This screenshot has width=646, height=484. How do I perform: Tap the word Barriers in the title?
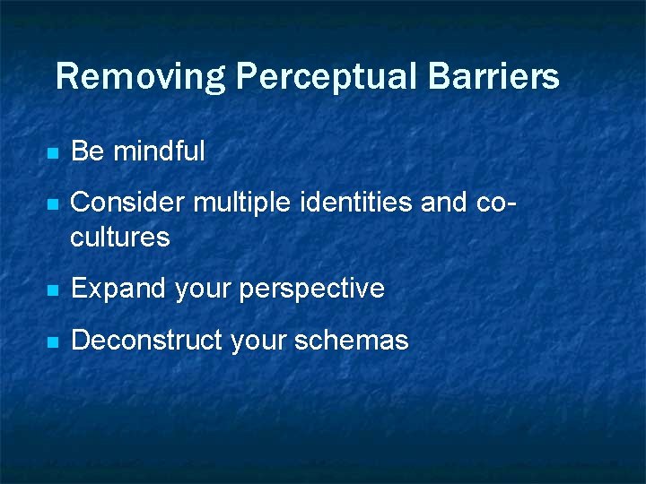point(493,77)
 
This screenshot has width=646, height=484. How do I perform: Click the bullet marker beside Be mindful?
point(53,153)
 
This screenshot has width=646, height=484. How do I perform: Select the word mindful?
point(159,151)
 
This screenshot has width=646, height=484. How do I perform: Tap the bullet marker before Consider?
point(53,205)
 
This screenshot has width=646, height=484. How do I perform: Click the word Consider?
point(128,203)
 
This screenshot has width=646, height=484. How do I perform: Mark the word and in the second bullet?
point(443,203)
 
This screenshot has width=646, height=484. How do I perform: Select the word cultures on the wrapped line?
point(119,238)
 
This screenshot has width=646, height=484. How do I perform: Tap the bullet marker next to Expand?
point(53,290)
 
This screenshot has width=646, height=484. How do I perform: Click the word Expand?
point(118,289)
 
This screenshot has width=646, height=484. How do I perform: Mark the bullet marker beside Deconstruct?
point(53,342)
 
